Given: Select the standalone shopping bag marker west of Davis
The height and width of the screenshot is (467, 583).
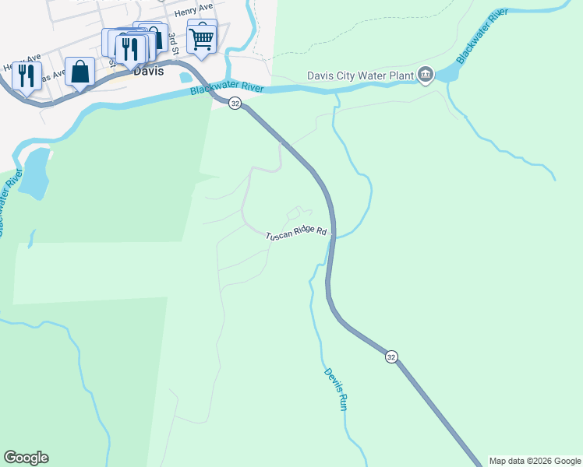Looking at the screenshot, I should point(79,72).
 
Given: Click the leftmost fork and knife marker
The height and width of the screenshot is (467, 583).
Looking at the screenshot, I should point(26,76).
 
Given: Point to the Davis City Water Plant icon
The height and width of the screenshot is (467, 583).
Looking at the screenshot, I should point(425,75).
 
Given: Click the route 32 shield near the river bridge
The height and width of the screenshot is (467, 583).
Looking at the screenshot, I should point(235,104).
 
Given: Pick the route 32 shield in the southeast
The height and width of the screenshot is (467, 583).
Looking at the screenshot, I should point(391,356).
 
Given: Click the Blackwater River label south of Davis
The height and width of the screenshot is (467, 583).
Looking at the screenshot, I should point(227,91).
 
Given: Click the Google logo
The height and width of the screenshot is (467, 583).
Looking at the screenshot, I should point(26,458).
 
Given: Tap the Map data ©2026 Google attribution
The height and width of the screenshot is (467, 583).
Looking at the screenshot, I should point(535,461).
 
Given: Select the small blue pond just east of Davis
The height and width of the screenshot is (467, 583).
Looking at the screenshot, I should point(185,78).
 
